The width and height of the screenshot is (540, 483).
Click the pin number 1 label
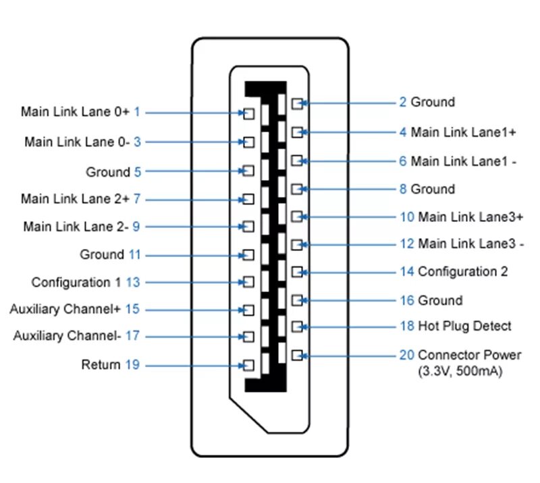[x=137, y=112]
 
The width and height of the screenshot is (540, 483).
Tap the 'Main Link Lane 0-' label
[x=74, y=142]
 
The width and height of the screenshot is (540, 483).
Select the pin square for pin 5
[x=248, y=171]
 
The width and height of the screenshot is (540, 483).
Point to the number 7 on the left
[x=137, y=199]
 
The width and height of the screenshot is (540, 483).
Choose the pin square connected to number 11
[x=248, y=255]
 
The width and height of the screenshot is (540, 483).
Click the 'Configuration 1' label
[x=76, y=282]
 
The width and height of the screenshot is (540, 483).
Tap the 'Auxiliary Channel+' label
[x=65, y=310]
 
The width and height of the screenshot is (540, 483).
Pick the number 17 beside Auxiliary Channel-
[x=132, y=336]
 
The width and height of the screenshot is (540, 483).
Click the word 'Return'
[x=101, y=365]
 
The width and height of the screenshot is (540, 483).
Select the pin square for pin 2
[x=296, y=103]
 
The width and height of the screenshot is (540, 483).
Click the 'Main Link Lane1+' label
[x=463, y=132]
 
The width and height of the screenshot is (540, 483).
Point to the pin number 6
[x=403, y=161]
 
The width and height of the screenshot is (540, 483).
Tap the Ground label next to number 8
[x=433, y=189]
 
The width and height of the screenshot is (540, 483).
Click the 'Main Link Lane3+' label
[x=470, y=217]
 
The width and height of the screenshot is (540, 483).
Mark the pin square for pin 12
[x=296, y=244]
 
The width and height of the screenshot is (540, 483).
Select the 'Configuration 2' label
[x=462, y=272]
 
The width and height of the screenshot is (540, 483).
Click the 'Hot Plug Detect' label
[x=464, y=326]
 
